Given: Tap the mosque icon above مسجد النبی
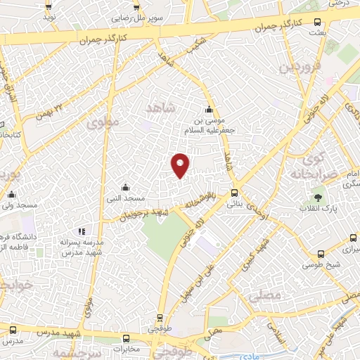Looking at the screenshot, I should (125, 187).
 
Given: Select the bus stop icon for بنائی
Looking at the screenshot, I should (234, 193).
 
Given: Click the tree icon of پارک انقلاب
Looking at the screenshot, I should (319, 198).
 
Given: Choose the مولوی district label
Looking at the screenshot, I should (104, 122).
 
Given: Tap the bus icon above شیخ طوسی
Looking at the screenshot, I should (321, 255).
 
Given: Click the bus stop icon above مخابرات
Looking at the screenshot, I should (126, 338).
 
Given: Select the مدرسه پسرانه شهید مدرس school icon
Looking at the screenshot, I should (82, 231).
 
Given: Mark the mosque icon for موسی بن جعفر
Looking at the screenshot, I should (209, 109).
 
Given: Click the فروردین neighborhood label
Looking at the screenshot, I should (295, 67).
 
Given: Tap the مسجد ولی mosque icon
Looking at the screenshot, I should (11, 195).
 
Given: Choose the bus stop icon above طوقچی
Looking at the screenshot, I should (160, 317).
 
